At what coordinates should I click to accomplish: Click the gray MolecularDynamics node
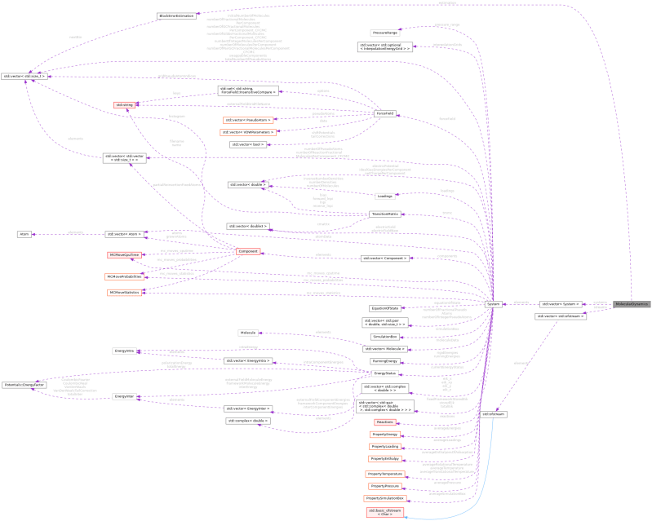[x=631, y=303]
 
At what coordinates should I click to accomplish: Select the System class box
[x=493, y=303]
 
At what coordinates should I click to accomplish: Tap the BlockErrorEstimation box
[x=176, y=15]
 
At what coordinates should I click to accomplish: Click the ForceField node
[x=384, y=113]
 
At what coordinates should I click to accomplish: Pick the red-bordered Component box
[x=247, y=251]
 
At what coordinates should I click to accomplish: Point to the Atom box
[x=24, y=234]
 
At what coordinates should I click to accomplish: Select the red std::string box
[x=124, y=105]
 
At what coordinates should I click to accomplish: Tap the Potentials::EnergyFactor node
[x=24, y=383]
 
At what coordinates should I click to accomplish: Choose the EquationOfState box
[x=384, y=308]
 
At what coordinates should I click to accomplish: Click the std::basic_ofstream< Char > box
[x=384, y=513]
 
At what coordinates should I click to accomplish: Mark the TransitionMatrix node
[x=384, y=214]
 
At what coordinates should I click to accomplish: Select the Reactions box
[x=384, y=422]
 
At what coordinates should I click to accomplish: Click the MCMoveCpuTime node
[x=124, y=255]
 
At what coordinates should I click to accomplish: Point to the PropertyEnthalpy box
[x=384, y=459]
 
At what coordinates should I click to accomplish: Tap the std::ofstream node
[x=494, y=414]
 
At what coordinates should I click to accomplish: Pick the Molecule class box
[x=247, y=333]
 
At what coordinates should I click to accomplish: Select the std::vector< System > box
[x=561, y=303]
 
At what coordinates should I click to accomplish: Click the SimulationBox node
[x=384, y=336]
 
